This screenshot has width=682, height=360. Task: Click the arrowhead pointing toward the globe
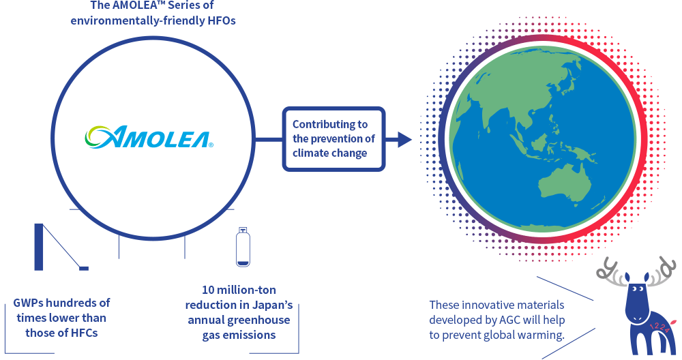tap(404, 140)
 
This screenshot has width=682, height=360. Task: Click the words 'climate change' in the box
tap(329, 153)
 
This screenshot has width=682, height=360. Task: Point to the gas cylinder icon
tap(243, 247)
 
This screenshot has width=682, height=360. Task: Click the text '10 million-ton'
tap(239, 290)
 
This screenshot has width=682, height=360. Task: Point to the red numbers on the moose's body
tap(659, 328)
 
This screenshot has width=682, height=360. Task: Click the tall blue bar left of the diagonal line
tap(39, 247)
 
